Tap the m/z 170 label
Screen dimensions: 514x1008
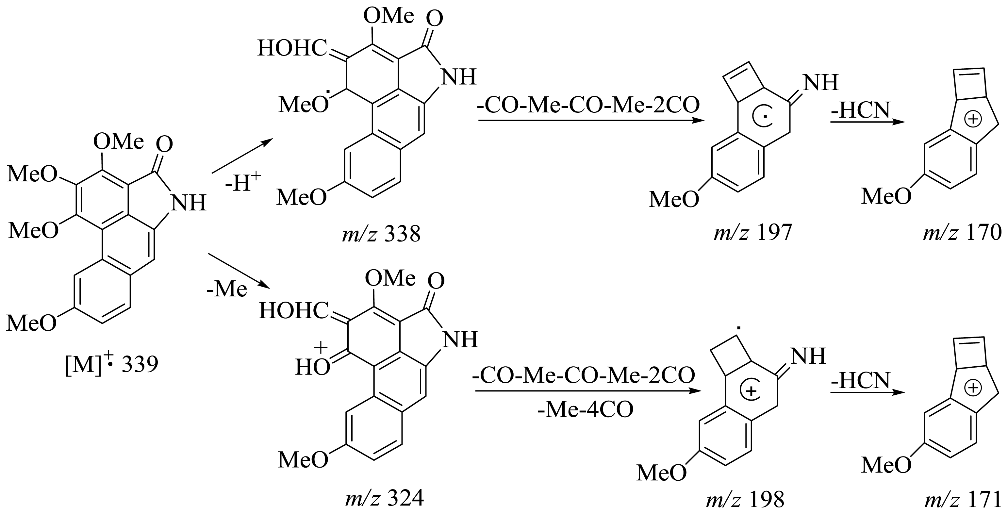tap(962, 233)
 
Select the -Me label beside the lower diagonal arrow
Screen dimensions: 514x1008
tap(227, 290)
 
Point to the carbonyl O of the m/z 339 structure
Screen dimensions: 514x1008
tap(164, 145)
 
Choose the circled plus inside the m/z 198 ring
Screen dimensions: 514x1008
tap(750, 391)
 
